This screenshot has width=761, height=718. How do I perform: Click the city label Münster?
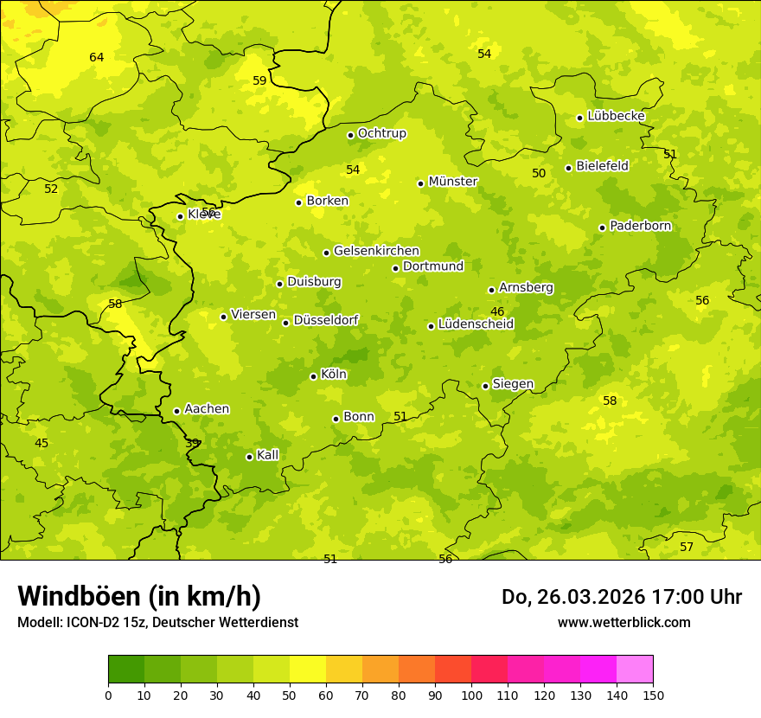(x=453, y=182)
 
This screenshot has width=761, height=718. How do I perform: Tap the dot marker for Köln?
(x=313, y=376)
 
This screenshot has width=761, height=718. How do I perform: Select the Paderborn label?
(x=640, y=226)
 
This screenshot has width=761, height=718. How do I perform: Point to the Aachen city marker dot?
(x=176, y=411)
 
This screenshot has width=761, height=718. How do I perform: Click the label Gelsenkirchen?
(x=376, y=251)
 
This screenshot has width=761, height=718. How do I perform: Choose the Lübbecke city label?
(x=616, y=116)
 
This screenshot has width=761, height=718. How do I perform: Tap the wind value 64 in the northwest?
(x=97, y=58)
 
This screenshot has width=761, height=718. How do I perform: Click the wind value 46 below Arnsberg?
(x=497, y=311)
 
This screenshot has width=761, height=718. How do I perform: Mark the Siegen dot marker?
(x=485, y=386)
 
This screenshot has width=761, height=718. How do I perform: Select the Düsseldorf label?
(x=326, y=320)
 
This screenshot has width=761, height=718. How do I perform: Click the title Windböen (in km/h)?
(x=139, y=596)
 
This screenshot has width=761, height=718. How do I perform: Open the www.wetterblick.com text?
(x=624, y=622)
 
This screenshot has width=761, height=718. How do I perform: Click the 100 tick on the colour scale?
(x=471, y=695)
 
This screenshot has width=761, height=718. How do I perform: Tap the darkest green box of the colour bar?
(x=126, y=670)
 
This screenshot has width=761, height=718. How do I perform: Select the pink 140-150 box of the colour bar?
(x=635, y=670)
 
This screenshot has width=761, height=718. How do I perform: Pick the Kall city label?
(x=268, y=455)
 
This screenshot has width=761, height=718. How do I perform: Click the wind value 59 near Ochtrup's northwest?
(x=259, y=80)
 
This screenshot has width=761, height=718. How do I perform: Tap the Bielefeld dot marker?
(x=568, y=168)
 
